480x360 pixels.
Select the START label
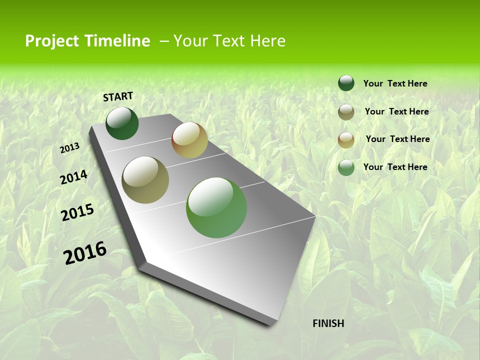(x=118, y=96)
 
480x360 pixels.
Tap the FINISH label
(x=328, y=323)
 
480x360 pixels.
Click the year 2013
(x=70, y=148)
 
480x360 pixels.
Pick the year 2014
(x=74, y=177)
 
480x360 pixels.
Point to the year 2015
(x=77, y=212)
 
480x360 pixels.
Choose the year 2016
(x=85, y=252)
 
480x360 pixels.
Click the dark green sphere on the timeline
(x=122, y=123)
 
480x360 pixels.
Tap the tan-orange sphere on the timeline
(x=189, y=140)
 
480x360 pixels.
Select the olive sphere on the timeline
(x=145, y=180)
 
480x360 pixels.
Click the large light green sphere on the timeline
(x=216, y=207)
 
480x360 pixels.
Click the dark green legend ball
(x=346, y=83)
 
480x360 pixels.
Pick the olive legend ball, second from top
(x=346, y=112)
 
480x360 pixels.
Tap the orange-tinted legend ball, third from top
(x=346, y=140)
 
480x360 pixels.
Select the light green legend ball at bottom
(x=346, y=167)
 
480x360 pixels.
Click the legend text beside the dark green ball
(x=395, y=83)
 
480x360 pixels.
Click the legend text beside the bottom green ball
(x=395, y=167)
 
